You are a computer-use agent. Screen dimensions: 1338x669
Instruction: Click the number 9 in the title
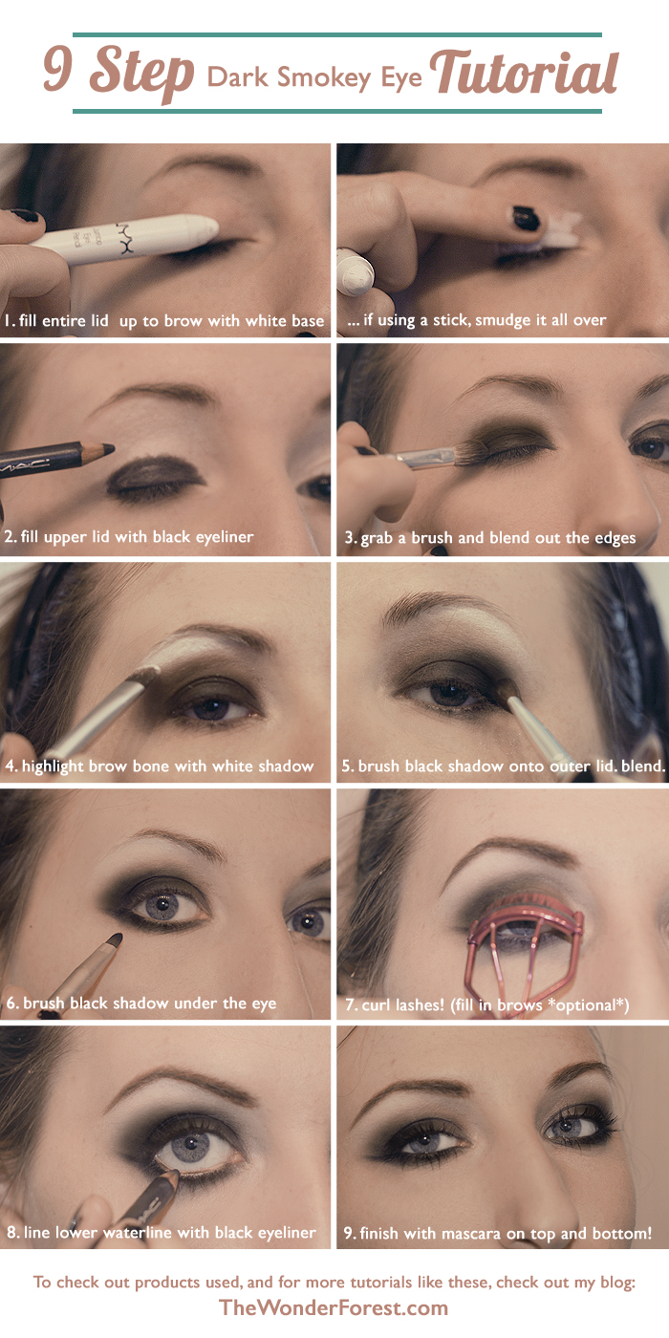61,73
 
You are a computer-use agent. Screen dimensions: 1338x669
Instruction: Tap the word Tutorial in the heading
524,73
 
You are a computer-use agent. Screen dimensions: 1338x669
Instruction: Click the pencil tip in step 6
114,940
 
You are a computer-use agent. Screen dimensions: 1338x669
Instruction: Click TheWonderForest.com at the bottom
334,1307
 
